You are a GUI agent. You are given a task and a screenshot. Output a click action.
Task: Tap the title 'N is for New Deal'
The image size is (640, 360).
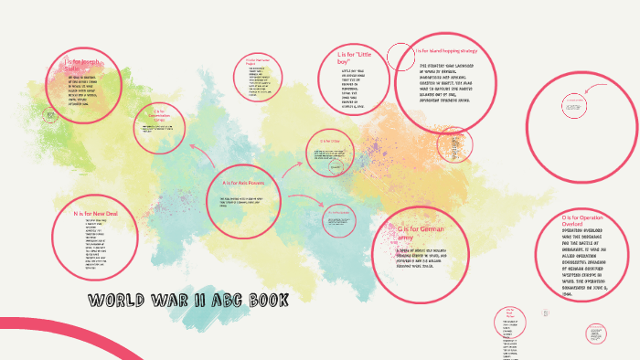(x=95, y=213)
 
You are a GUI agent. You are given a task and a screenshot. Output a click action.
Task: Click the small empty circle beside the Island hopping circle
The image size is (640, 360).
(x=400, y=58)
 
